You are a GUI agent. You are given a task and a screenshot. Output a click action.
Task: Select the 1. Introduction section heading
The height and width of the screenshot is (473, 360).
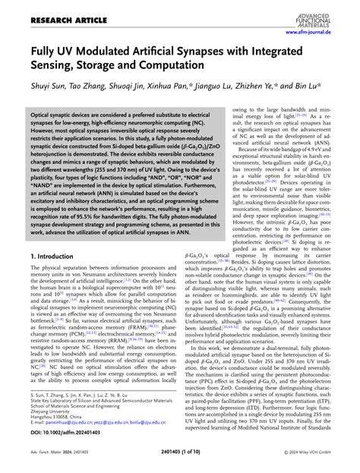[x=59, y=257]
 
